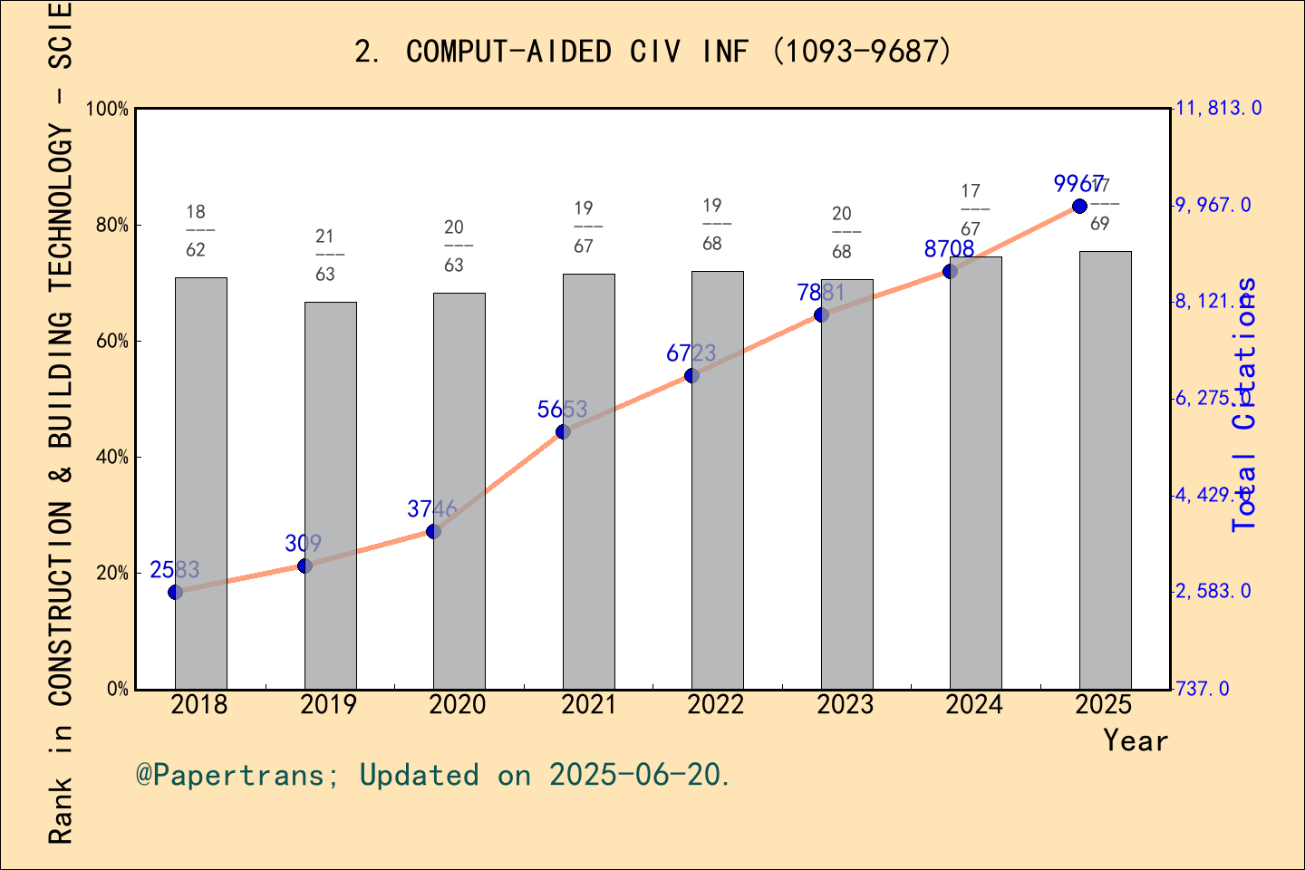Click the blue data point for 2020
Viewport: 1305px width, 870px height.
(433, 531)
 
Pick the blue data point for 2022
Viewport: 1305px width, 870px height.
(691, 375)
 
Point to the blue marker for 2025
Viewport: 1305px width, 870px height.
(1079, 207)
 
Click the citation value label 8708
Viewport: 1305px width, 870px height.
(949, 248)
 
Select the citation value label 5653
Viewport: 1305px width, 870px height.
(562, 410)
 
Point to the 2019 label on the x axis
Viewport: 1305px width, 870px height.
(328, 705)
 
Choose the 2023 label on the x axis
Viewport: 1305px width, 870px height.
(845, 705)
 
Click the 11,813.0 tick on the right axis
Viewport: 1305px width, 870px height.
(1218, 109)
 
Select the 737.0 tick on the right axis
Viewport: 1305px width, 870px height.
(1203, 689)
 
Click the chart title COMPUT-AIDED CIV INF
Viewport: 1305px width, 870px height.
(652, 52)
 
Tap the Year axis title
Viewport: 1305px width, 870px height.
(1135, 740)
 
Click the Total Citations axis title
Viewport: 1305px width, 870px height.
(1245, 403)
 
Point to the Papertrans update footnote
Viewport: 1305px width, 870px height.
(432, 775)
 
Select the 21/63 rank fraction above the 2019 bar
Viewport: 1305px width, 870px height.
(324, 255)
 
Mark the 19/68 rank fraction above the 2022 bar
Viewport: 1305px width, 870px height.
(712, 224)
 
